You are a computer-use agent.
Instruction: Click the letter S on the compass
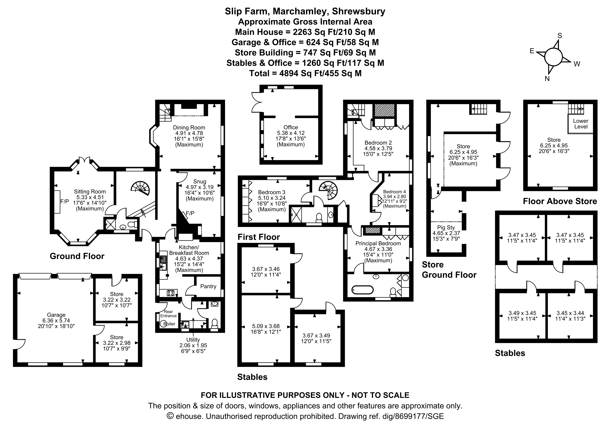(x=560, y=36)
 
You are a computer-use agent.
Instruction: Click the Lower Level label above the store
(x=581, y=124)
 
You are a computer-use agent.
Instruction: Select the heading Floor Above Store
(x=560, y=201)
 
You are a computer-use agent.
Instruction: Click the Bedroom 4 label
(x=395, y=192)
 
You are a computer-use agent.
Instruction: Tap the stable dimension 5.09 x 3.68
(x=266, y=326)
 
